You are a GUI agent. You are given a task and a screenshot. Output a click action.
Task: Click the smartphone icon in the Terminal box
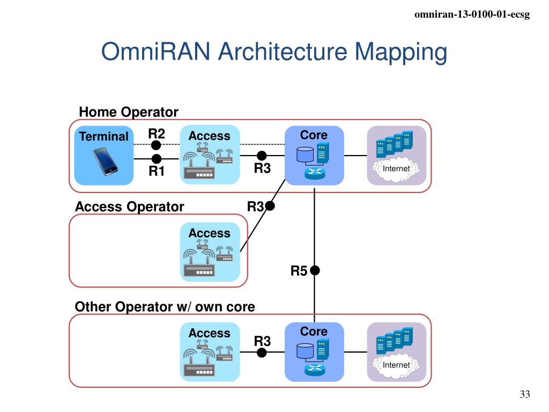pos(106,161)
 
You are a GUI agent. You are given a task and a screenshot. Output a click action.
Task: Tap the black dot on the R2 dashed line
pos(156,145)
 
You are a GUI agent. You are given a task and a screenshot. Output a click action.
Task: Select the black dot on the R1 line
pos(157,159)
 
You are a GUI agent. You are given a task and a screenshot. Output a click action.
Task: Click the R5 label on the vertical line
pos(299,271)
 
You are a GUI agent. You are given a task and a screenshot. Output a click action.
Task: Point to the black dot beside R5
pos(315,270)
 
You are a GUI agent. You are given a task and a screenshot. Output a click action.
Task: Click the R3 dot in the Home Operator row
pos(262,156)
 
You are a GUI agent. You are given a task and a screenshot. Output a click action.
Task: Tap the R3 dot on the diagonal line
pos(270,206)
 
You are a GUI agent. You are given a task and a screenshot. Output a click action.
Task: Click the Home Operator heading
pos(129,112)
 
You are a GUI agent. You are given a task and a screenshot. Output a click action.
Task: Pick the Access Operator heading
pos(130,207)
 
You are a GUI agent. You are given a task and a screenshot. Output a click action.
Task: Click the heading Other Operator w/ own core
pos(165,307)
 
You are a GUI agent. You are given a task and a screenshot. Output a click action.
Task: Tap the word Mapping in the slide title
pos(401,53)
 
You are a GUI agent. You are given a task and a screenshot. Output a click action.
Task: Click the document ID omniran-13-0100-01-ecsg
pos(472,14)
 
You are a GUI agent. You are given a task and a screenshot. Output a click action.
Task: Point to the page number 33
pos(525,394)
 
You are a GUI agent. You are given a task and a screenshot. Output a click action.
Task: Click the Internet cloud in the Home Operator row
pos(396,170)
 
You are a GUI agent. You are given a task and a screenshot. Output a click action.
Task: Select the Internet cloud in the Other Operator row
pos(396,366)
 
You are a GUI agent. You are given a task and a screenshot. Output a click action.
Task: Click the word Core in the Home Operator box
pos(314,135)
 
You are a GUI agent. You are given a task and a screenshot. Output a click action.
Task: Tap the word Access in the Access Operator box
pos(210,233)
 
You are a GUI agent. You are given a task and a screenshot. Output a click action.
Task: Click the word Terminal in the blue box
pos(103,136)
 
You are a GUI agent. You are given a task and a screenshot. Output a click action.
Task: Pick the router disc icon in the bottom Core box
pos(315,369)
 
